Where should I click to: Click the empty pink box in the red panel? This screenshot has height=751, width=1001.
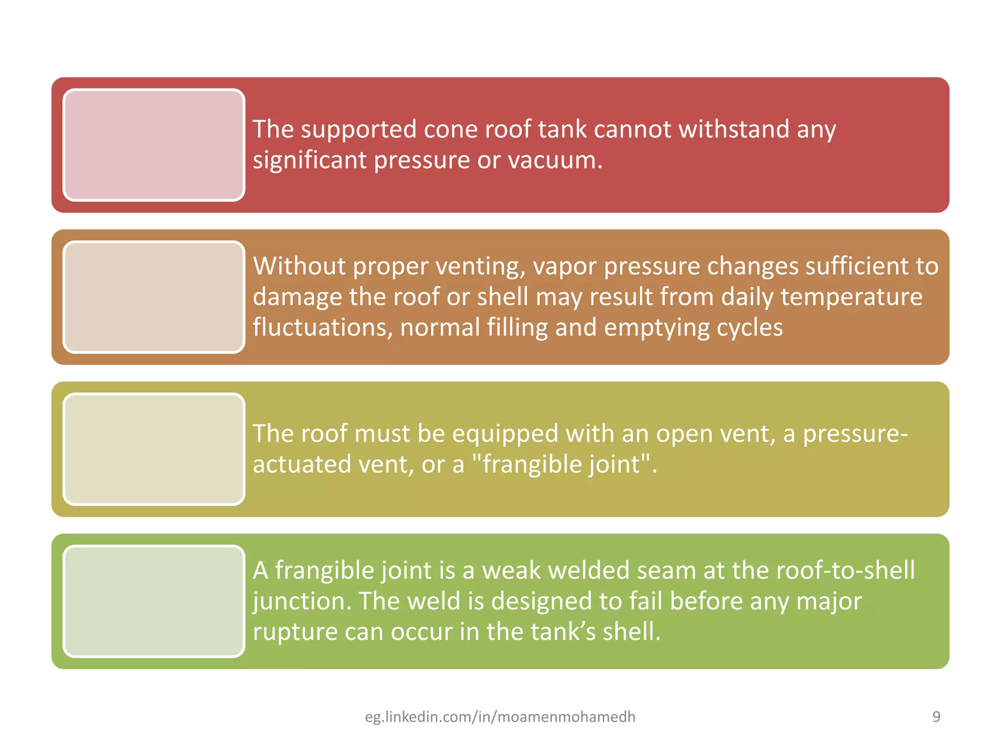pyautogui.click(x=153, y=145)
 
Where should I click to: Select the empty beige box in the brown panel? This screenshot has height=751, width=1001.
pyautogui.click(x=153, y=297)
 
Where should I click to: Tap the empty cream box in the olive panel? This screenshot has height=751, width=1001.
pyautogui.click(x=153, y=449)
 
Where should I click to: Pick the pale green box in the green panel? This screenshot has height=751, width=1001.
pyautogui.click(x=153, y=601)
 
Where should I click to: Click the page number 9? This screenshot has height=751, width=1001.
pyautogui.click(x=936, y=717)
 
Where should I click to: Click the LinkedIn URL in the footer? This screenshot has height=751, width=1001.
pyautogui.click(x=500, y=717)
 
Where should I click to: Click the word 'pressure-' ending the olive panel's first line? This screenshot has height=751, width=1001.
pyautogui.click(x=855, y=434)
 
